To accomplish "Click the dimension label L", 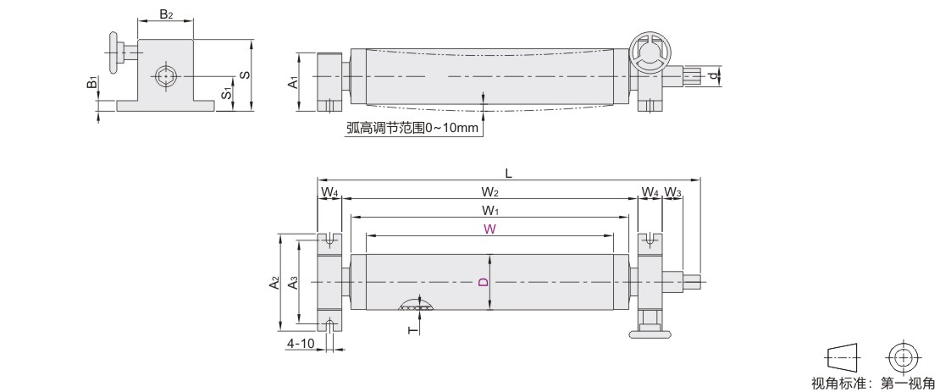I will click(x=508, y=173).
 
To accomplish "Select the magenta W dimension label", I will click(x=489, y=229).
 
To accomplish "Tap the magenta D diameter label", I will click(x=481, y=281).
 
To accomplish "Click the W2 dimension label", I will click(x=489, y=191).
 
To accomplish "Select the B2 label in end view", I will click(x=166, y=14).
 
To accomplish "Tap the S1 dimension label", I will click(x=226, y=92).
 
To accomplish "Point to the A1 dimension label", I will click(x=292, y=81).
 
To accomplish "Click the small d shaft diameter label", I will click(x=714, y=76).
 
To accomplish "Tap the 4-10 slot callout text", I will click(x=301, y=344).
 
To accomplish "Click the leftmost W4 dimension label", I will click(x=329, y=192).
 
